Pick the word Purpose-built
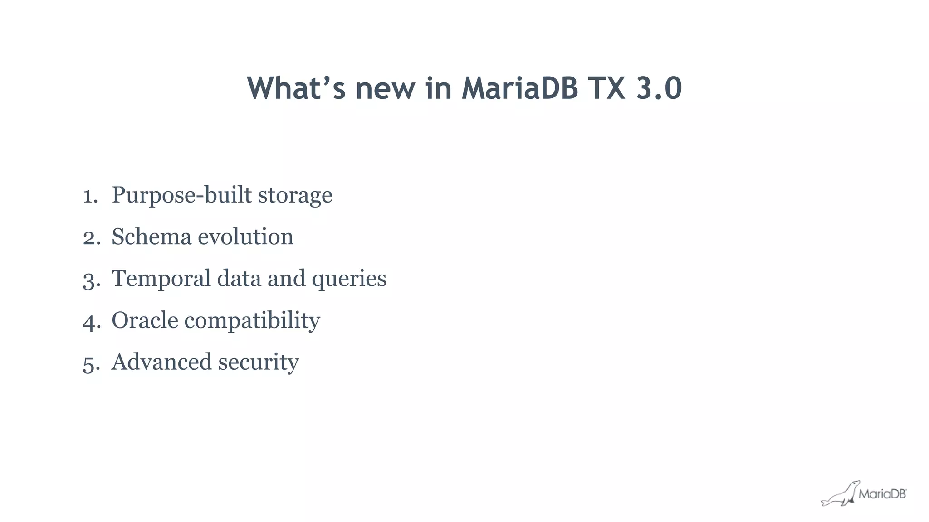click(181, 195)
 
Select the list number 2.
click(91, 238)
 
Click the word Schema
click(152, 237)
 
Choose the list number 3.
click(91, 280)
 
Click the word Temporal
click(161, 279)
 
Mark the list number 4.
click(91, 322)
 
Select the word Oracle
click(145, 320)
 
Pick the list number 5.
click(91, 363)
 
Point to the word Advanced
click(161, 362)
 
